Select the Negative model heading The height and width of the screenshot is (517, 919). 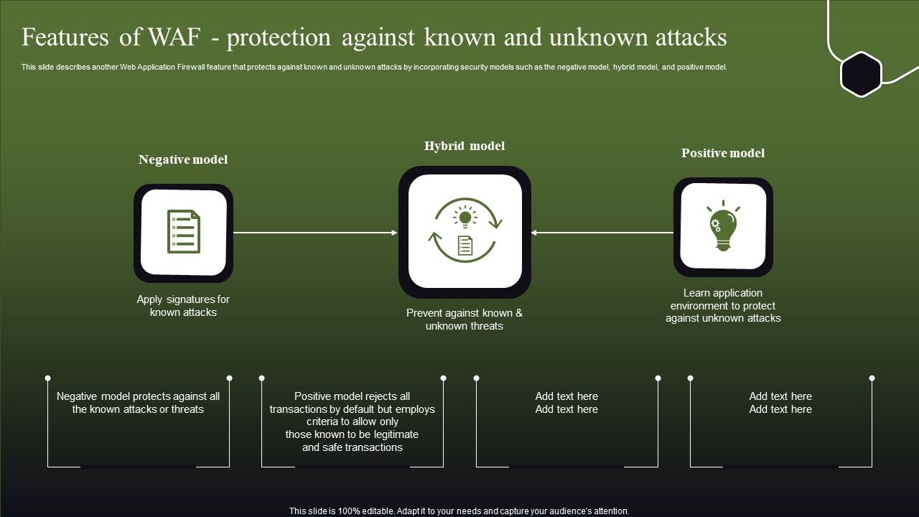[183, 159]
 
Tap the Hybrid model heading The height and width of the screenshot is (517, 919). [465, 146]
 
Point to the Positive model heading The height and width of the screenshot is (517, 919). [723, 153]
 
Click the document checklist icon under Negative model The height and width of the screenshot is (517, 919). [183, 232]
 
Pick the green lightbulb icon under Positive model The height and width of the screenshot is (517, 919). [723, 227]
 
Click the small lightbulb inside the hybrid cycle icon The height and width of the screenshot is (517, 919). [465, 218]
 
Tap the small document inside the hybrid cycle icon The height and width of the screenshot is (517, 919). [465, 246]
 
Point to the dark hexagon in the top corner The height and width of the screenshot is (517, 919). [861, 74]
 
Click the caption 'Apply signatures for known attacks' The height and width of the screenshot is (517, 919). [183, 306]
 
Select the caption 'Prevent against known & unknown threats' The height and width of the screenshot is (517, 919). [465, 320]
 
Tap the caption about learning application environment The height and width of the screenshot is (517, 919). [723, 305]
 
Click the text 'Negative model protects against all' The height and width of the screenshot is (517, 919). [139, 396]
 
